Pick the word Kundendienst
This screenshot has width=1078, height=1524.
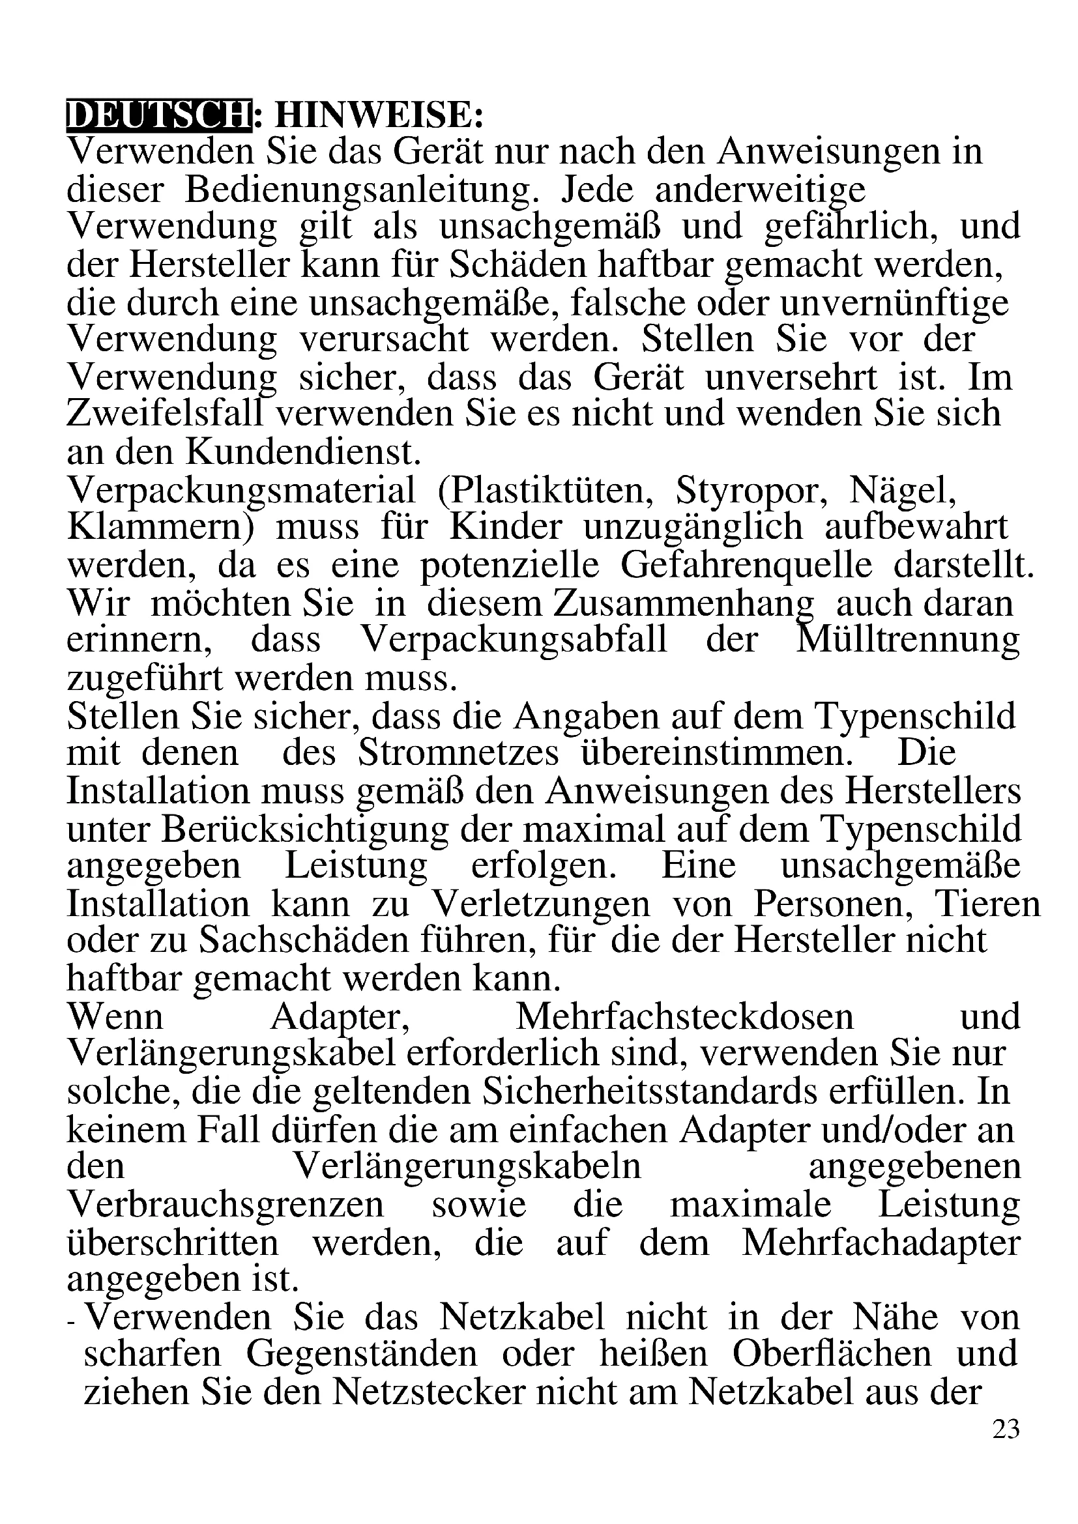coord(302,453)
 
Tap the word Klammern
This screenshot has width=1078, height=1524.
coord(162,528)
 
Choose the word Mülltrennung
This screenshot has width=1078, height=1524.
coord(907,640)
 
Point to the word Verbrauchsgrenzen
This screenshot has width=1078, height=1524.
coord(226,1205)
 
